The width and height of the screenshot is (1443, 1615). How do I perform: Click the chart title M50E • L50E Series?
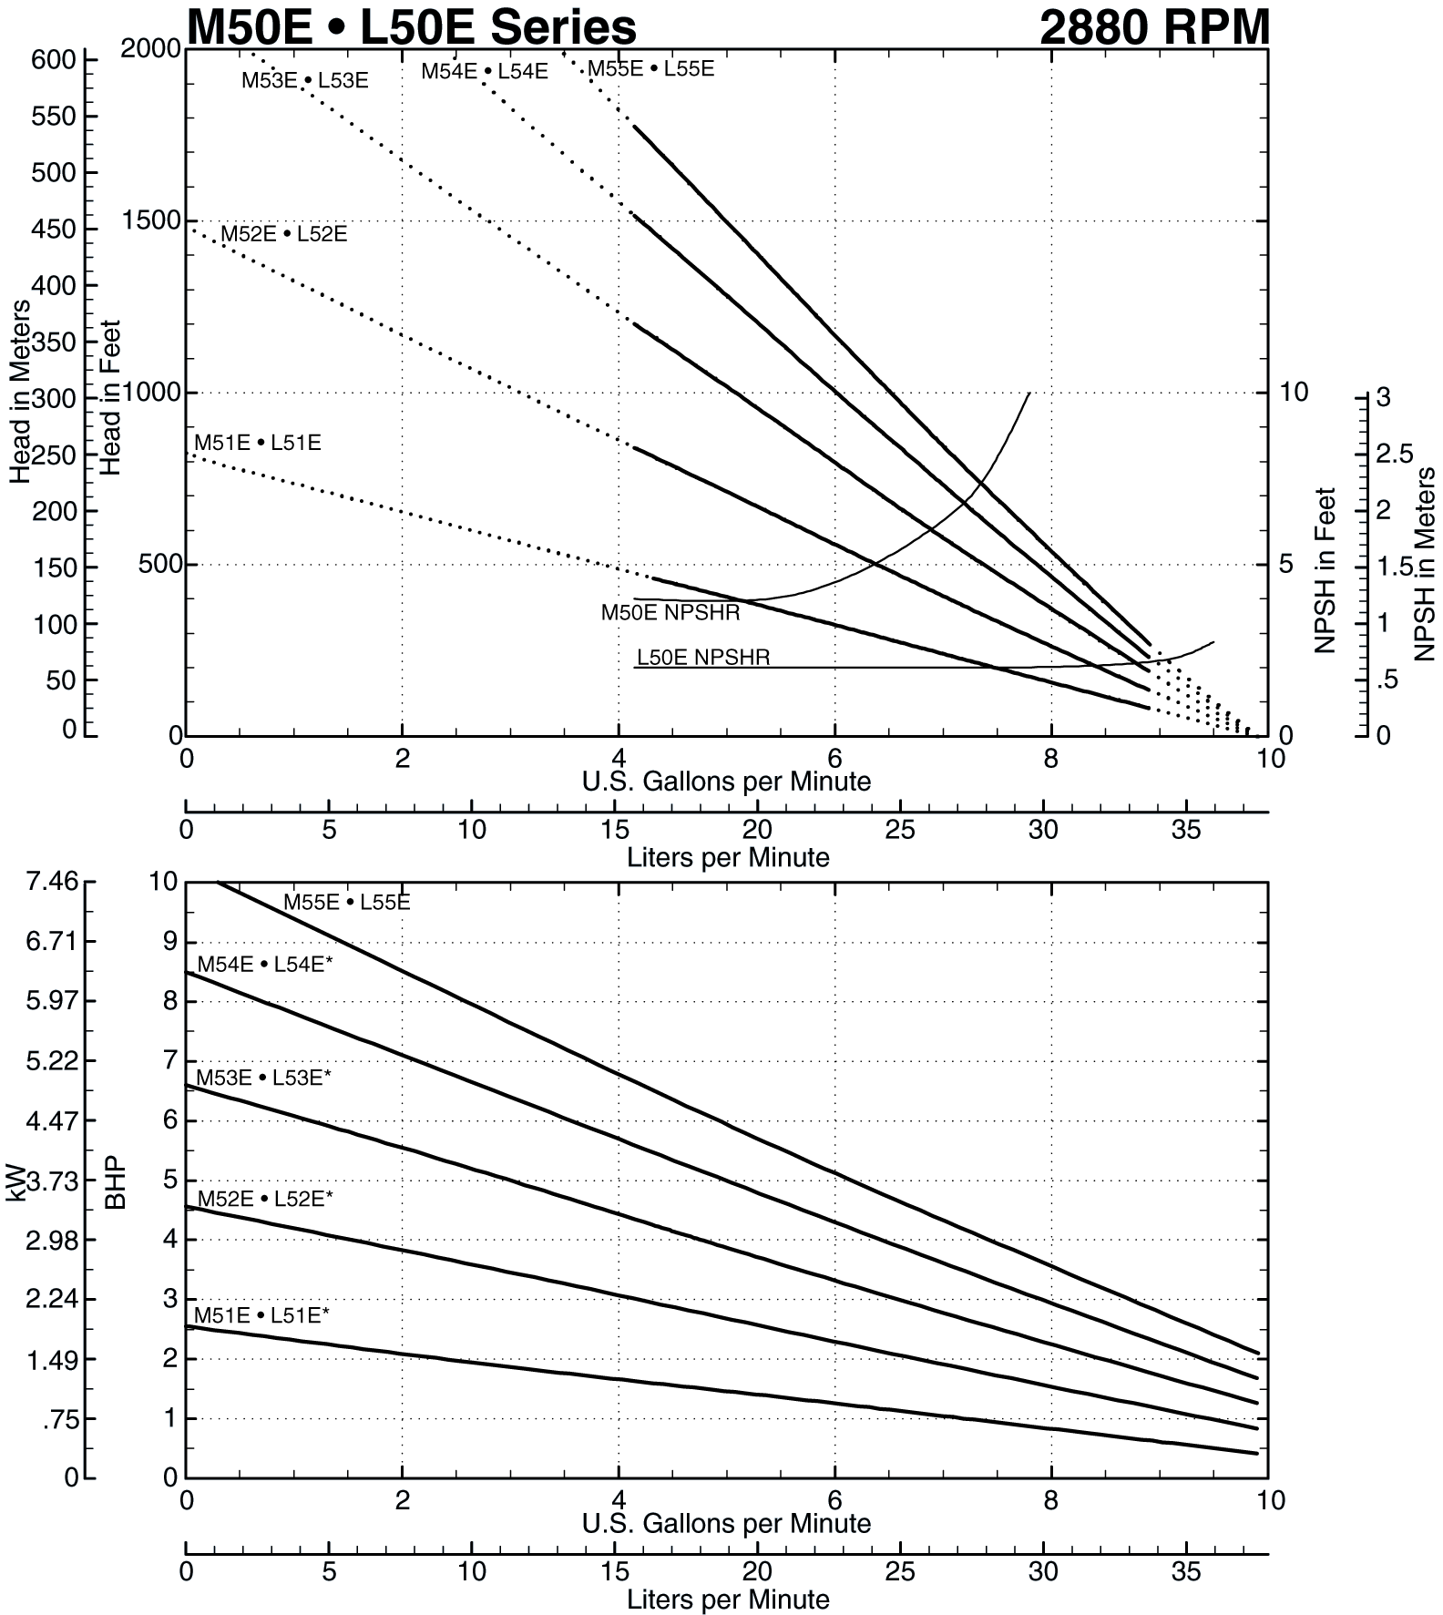(x=411, y=27)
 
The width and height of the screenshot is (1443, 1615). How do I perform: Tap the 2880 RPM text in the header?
(x=1153, y=27)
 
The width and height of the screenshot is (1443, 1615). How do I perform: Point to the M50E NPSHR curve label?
(x=670, y=613)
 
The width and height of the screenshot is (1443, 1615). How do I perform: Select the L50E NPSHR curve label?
(x=703, y=657)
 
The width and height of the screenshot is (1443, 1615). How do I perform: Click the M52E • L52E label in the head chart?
(x=284, y=234)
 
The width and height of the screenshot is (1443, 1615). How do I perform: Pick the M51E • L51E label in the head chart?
(x=258, y=443)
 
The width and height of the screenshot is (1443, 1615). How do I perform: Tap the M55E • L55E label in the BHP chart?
(x=347, y=903)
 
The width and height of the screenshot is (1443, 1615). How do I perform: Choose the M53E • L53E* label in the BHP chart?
(x=263, y=1078)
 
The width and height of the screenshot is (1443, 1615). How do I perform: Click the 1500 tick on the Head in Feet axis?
(x=151, y=220)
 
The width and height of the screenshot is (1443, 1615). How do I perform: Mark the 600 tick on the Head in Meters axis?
(x=53, y=60)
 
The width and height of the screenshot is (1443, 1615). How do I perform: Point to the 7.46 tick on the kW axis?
(x=52, y=881)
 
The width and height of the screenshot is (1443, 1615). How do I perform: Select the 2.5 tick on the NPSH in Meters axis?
(x=1395, y=454)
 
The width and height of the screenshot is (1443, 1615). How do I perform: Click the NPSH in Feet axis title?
(x=1325, y=570)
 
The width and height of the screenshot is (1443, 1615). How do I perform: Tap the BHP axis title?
(x=116, y=1184)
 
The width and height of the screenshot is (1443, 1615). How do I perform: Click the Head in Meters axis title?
(x=20, y=392)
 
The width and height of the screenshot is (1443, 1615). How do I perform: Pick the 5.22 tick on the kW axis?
(x=52, y=1061)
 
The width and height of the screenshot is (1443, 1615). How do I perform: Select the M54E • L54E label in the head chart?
(x=485, y=71)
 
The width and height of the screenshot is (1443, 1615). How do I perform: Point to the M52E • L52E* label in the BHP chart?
(x=265, y=1199)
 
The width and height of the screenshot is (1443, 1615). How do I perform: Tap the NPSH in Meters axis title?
(x=1425, y=565)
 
